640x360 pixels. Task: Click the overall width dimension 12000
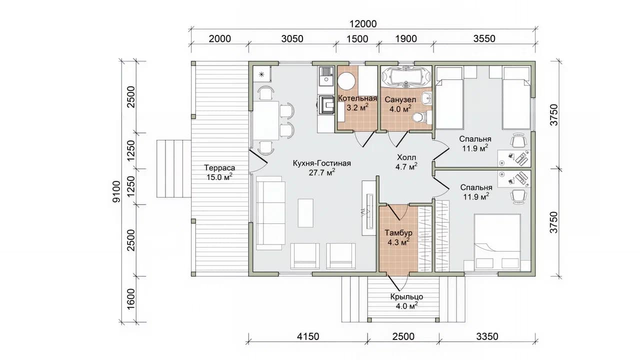(363, 24)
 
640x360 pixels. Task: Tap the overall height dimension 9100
(116, 191)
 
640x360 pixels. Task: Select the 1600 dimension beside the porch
(130, 299)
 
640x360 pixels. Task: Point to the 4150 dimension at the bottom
(308, 336)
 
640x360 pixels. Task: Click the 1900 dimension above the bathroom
(406, 38)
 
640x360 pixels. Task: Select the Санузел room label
(400, 99)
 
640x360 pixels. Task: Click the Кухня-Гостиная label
(321, 163)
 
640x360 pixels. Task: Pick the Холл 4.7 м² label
(406, 162)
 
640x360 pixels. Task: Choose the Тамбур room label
(398, 233)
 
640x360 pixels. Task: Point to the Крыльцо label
(406, 297)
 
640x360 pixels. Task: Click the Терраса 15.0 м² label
(219, 172)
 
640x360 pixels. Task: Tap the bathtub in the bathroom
(406, 76)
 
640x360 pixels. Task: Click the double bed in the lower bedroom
(497, 242)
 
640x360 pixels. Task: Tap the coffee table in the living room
(305, 213)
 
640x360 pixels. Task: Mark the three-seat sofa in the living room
(270, 213)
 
